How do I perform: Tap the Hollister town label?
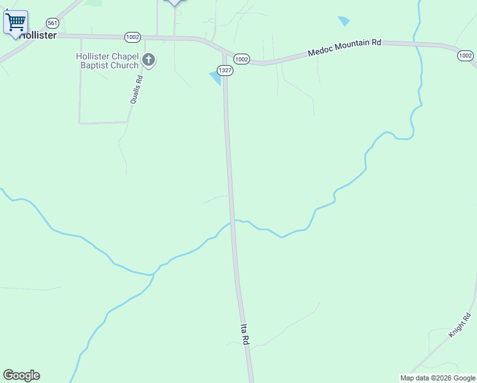(x=38, y=35)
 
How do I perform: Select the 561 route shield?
(x=52, y=22)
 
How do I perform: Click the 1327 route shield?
(x=224, y=70)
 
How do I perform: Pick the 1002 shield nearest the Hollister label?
(x=133, y=37)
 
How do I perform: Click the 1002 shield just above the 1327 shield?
(x=241, y=59)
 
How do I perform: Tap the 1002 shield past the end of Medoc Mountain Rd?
(x=465, y=56)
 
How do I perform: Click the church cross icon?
(x=149, y=61)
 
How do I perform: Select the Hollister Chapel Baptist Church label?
(x=107, y=61)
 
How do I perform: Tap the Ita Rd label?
(x=244, y=334)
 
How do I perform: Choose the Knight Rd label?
(x=459, y=325)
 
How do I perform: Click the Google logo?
(x=21, y=375)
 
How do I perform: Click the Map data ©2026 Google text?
(x=437, y=378)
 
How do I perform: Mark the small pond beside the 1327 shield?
(x=216, y=77)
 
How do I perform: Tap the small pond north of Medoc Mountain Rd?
(x=344, y=20)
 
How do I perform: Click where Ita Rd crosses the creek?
(x=233, y=222)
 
